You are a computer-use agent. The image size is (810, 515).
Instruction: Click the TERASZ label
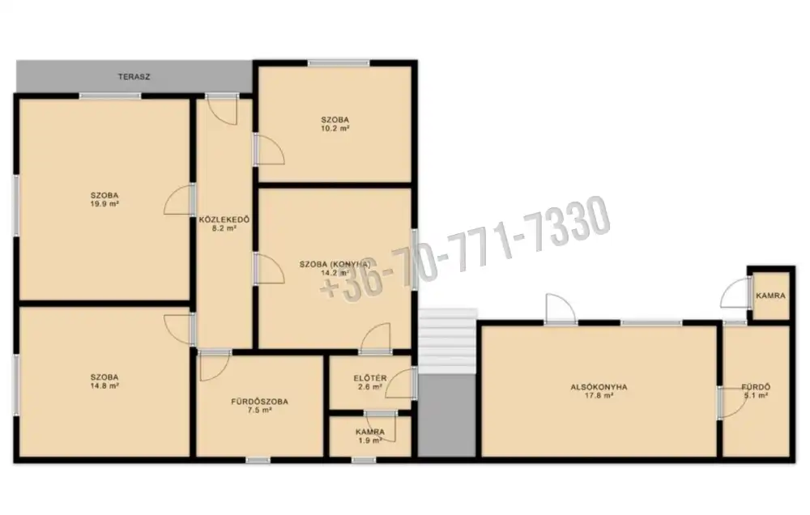point(134,77)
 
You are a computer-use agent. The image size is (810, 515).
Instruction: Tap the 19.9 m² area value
point(104,204)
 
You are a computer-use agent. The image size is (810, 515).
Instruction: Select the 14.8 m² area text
point(104,386)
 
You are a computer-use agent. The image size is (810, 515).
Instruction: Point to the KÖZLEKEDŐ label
point(224,220)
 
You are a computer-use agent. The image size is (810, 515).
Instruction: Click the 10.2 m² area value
point(335,129)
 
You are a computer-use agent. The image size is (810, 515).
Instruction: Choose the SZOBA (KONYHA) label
point(335,265)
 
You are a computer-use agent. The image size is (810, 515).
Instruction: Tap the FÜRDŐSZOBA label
point(259,402)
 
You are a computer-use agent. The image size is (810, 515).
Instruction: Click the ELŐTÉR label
point(370,378)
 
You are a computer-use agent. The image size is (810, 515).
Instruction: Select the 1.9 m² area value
point(370,441)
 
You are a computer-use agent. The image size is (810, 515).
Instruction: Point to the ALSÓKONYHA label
point(599,387)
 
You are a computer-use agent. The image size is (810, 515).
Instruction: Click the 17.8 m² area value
point(599,396)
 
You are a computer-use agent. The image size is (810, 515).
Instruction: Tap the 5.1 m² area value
point(756,396)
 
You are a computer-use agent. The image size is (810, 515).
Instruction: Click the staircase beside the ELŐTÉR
point(447,340)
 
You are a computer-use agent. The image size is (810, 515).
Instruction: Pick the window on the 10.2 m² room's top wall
point(339,63)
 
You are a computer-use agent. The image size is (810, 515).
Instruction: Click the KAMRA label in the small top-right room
point(770,296)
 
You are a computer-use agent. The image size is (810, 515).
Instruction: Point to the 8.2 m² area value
point(224,228)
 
